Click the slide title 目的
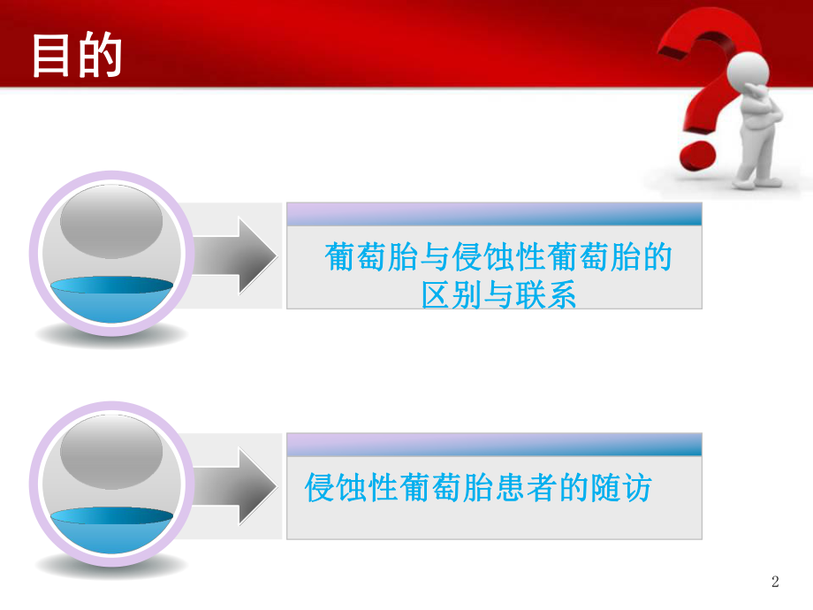pyautogui.click(x=77, y=55)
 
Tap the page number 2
pyautogui.click(x=776, y=582)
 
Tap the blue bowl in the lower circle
pyautogui.click(x=110, y=527)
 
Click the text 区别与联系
pyautogui.click(x=499, y=294)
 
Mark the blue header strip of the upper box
pyautogui.click(x=494, y=213)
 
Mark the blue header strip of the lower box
pyautogui.click(x=494, y=444)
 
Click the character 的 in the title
pyautogui.click(x=99, y=55)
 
